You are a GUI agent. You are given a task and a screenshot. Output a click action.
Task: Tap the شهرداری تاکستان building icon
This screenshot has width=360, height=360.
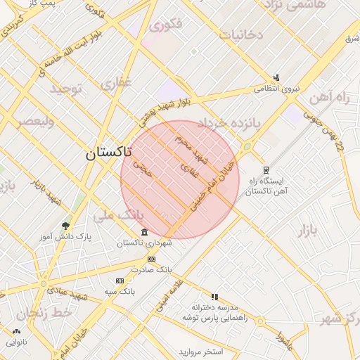[144, 233]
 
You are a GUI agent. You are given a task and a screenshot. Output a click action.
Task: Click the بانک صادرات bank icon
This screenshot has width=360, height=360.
[151, 259]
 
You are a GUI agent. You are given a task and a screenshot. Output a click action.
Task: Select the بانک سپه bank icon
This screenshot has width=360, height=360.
[119, 281]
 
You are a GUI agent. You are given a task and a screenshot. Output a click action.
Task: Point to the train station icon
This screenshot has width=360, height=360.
[265, 169]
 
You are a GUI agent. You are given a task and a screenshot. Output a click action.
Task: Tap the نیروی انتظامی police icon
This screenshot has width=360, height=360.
[277, 78]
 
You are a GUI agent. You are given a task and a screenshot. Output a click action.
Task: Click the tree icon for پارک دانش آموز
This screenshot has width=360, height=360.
[65, 226]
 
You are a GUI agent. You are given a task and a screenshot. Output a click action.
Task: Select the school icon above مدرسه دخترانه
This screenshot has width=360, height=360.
[214, 297]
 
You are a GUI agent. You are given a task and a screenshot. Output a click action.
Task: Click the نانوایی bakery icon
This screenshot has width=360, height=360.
[16, 331]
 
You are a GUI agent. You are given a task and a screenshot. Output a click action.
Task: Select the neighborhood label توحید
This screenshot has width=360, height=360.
[66, 89]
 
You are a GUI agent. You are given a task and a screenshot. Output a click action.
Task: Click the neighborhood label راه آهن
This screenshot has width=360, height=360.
[328, 97]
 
